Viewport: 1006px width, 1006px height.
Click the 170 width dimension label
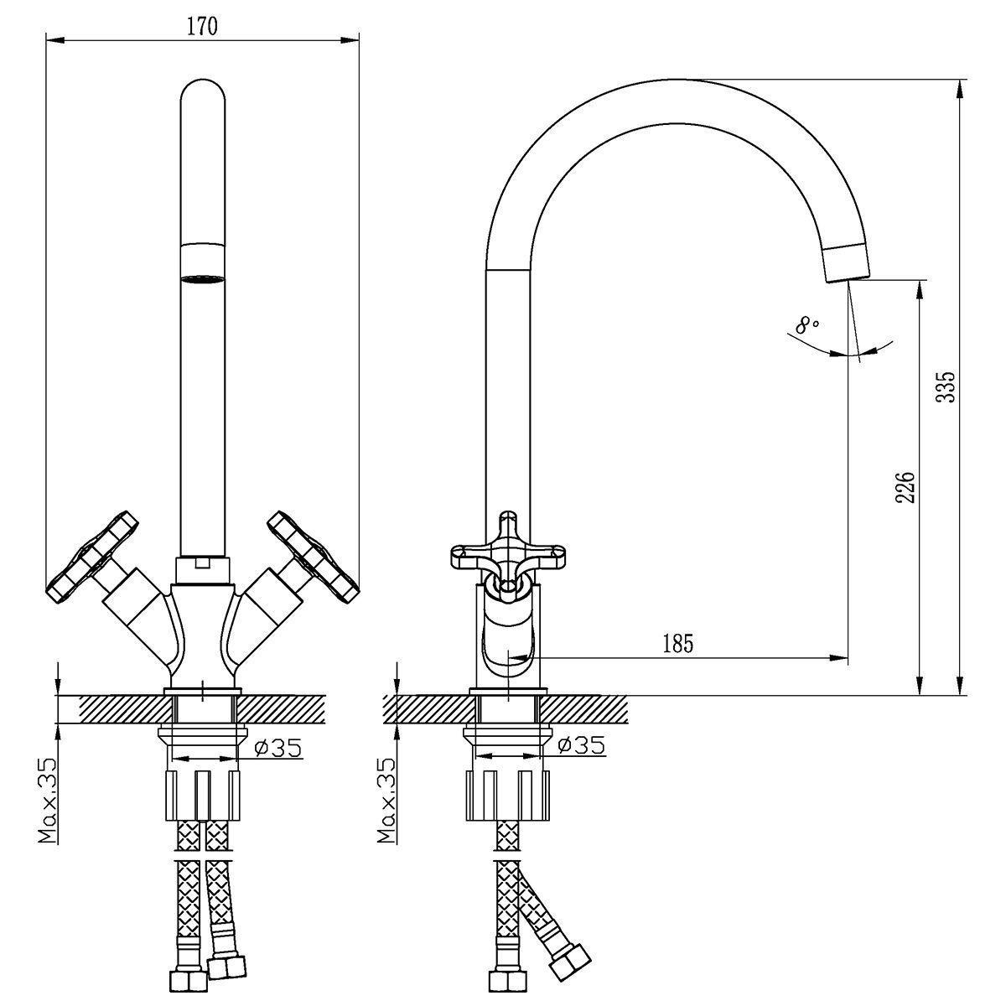tap(202, 26)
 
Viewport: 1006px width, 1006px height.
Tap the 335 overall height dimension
tap(946, 386)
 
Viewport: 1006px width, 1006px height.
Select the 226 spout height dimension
tap(905, 487)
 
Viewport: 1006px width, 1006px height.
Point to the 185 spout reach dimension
tap(678, 644)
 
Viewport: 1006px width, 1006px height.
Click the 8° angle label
tap(807, 325)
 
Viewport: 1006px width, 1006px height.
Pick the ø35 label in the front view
tap(277, 748)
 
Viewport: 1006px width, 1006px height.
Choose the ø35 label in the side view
tap(582, 745)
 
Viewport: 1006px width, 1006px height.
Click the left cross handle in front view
tap(92, 556)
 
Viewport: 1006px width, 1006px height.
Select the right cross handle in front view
tap(314, 557)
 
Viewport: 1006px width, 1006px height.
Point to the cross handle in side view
tap(507, 552)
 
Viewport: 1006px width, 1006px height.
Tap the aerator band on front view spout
tap(203, 262)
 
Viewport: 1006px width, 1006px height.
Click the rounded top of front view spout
tap(203, 91)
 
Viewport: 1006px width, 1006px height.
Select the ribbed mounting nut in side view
tap(507, 795)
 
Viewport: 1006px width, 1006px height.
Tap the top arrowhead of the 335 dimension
tap(960, 88)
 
